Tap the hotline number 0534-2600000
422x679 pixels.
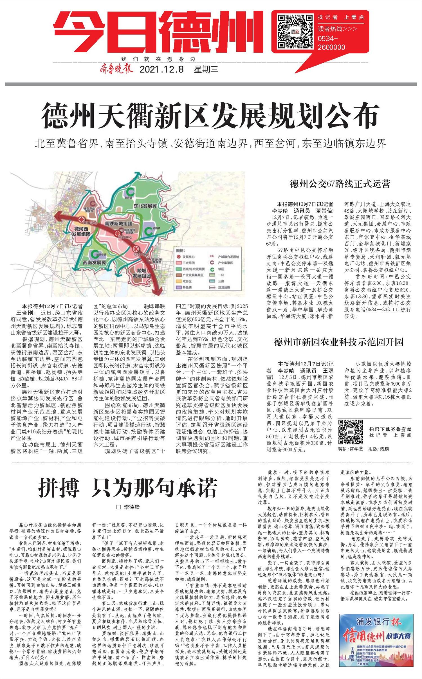click(331, 42)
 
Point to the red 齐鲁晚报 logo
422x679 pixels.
click(116, 69)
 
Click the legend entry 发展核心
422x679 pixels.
click(188, 257)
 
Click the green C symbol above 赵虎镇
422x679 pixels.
click(130, 191)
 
